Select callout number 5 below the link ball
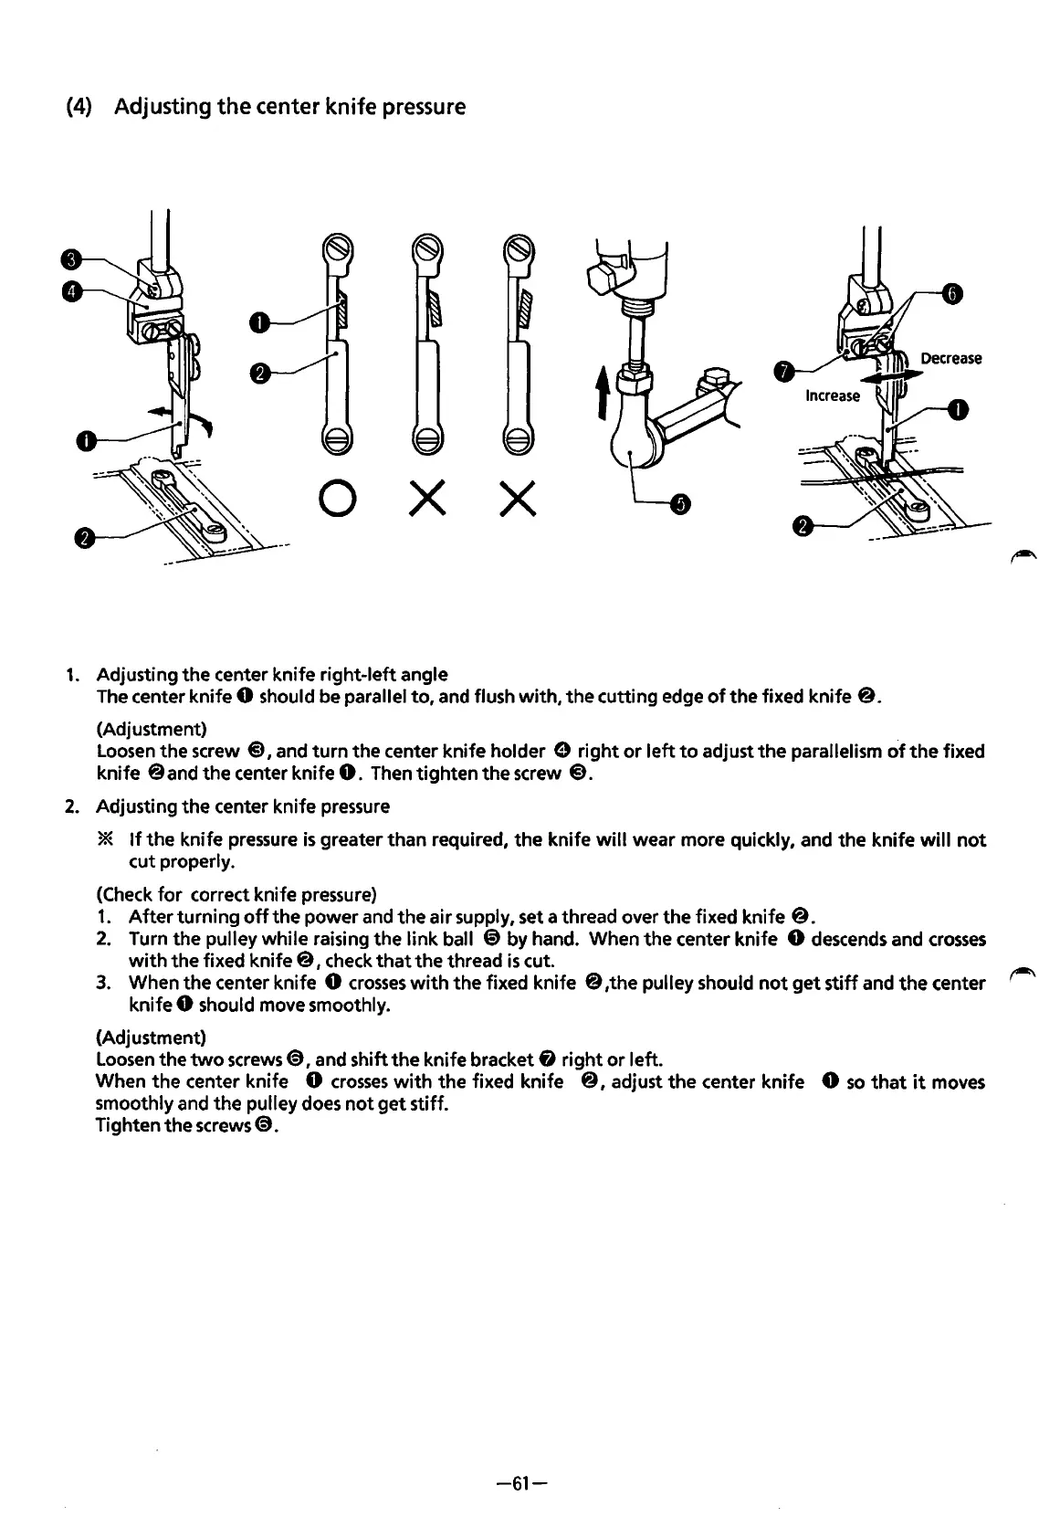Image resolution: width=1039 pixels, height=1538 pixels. pos(680,503)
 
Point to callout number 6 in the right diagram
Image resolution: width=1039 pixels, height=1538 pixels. pos(952,293)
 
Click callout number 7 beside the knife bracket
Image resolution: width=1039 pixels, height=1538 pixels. pos(783,373)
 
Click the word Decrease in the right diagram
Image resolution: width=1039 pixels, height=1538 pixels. pos(950,358)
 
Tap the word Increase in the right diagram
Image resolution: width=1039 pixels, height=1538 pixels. pos(832,395)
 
